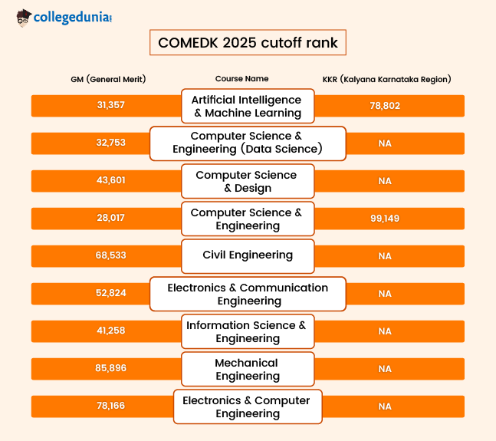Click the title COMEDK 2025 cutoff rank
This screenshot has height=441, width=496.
point(248,43)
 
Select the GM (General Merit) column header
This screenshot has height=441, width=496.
point(108,79)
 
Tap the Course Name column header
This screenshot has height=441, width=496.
point(241,79)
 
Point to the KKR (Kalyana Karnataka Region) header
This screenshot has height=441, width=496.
point(386,79)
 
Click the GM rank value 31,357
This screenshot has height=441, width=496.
point(111,106)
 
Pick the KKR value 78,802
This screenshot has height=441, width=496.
point(385,106)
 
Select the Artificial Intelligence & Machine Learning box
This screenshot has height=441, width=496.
point(248,106)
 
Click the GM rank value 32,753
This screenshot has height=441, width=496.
point(111,143)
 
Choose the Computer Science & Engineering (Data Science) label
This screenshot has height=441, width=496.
point(248,143)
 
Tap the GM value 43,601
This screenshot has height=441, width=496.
point(111,180)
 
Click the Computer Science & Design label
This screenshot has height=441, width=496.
point(248,181)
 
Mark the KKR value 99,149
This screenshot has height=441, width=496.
point(385,218)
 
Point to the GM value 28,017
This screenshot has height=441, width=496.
point(111,218)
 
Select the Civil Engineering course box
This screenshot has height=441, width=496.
point(248,255)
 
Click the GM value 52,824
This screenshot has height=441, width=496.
point(111,293)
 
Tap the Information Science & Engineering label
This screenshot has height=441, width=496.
point(248,331)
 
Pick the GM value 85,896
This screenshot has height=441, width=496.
point(111,368)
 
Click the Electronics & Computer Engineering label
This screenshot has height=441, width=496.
point(248,406)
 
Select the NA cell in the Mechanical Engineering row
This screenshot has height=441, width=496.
point(385,368)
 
